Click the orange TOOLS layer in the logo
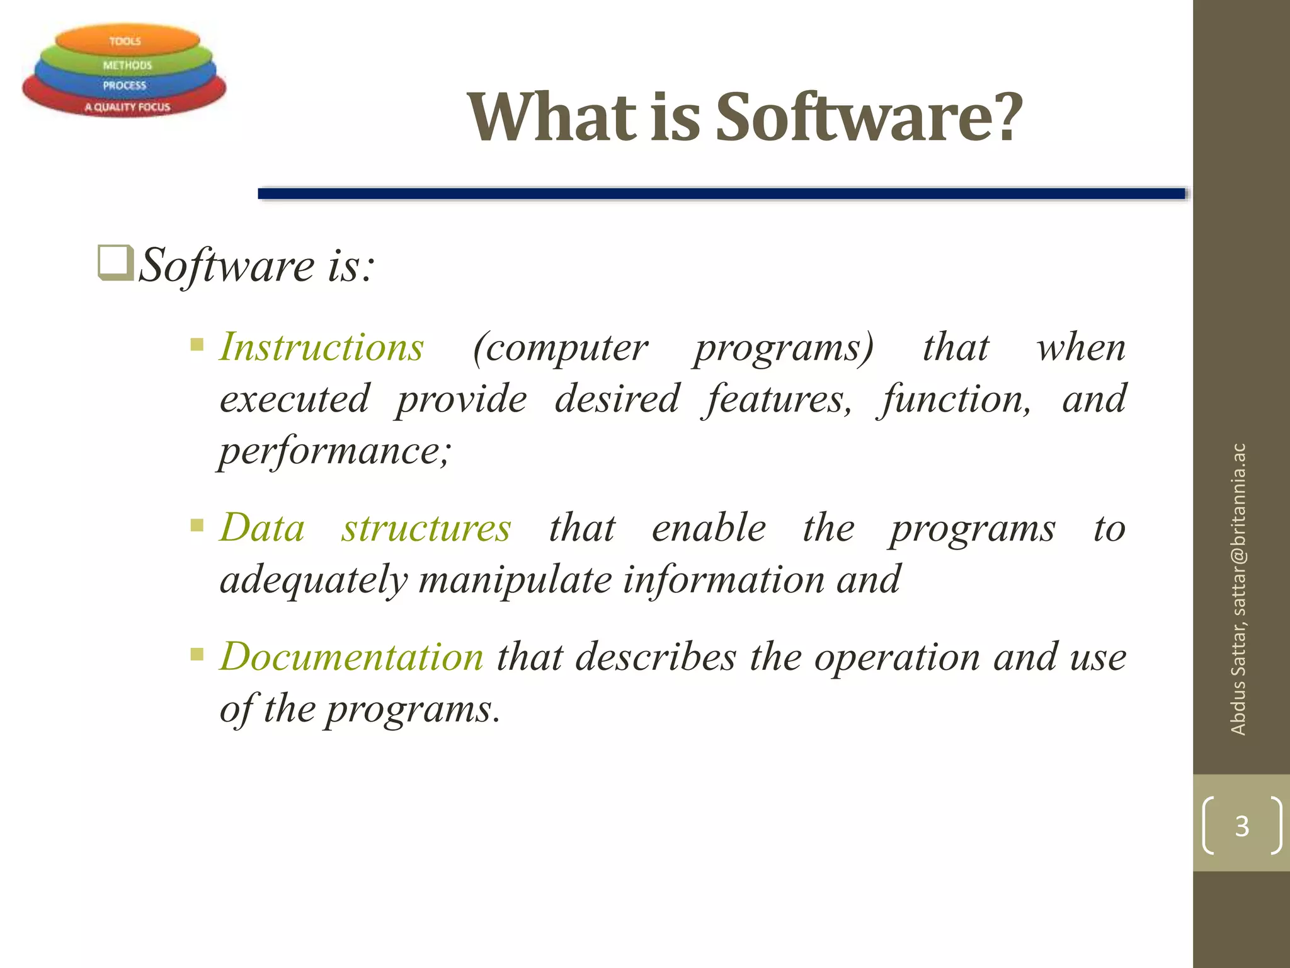126,41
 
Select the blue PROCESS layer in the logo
125,85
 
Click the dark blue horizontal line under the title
721,194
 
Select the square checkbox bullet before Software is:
115,263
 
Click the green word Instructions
322,347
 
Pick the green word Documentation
351,657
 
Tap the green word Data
263,527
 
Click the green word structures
426,527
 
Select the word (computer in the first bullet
560,347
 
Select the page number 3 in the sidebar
1241,826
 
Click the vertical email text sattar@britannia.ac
1238,529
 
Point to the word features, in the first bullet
779,400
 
